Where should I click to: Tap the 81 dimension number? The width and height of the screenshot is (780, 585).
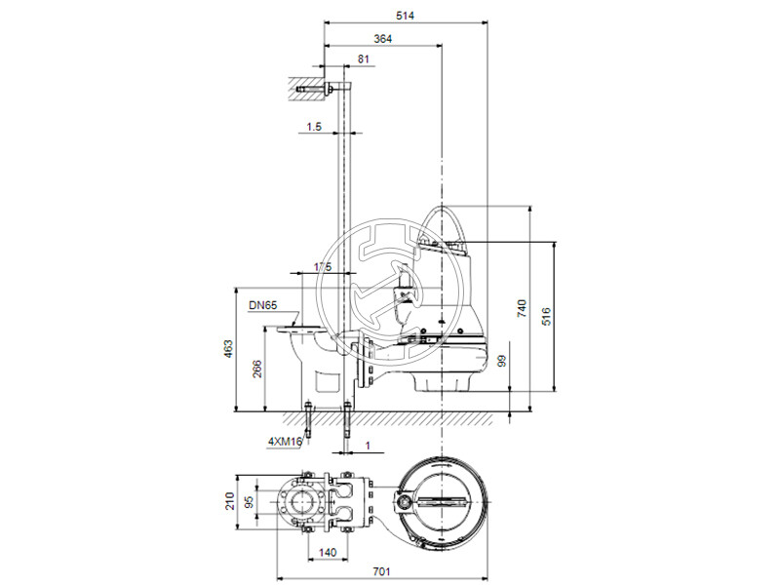tap(364, 60)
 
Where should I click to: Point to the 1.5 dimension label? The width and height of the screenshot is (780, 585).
tap(313, 127)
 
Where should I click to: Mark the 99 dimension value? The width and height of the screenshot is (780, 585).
tap(502, 361)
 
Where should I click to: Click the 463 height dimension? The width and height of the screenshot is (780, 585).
tap(228, 349)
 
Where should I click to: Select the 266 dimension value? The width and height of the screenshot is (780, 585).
tap(255, 369)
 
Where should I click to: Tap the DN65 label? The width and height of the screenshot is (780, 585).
tap(261, 305)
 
